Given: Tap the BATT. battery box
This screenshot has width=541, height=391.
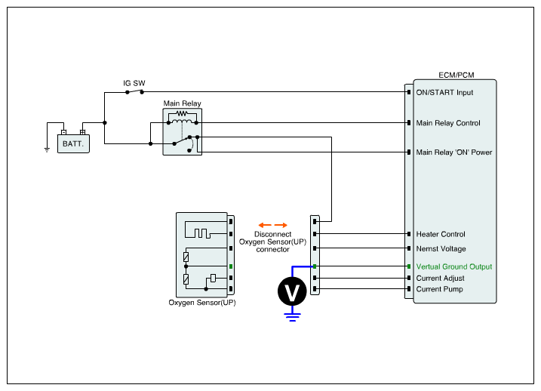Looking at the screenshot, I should (73, 142).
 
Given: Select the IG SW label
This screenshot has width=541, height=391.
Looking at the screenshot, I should (134, 82).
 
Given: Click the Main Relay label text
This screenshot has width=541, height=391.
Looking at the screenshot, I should (183, 103).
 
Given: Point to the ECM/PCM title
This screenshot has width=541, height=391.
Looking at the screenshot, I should (456, 76).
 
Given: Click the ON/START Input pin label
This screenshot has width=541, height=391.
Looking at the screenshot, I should (444, 93).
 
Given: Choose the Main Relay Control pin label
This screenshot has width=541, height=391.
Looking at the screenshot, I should (448, 123).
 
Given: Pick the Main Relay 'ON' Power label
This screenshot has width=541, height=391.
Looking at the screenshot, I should (454, 152).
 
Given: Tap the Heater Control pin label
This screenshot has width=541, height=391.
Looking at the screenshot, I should (441, 235).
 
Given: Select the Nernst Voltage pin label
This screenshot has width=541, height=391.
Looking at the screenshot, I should (441, 248).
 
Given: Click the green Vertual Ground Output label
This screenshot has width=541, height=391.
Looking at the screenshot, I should (454, 266).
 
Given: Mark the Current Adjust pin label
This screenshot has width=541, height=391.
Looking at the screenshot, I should (441, 279).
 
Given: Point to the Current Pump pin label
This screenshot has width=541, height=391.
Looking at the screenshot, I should (439, 289).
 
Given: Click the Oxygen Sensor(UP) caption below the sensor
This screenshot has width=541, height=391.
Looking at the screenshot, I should (202, 303).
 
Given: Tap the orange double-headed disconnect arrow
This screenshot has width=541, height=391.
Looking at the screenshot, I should (272, 225).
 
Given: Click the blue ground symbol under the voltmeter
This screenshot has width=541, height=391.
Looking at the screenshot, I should (291, 317).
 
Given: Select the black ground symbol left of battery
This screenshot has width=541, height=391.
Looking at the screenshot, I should (47, 149).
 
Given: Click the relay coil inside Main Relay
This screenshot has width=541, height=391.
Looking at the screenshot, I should (182, 120).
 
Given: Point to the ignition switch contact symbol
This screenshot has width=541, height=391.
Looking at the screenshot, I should (134, 92).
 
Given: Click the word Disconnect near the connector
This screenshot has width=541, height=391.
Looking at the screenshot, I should (272, 234).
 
